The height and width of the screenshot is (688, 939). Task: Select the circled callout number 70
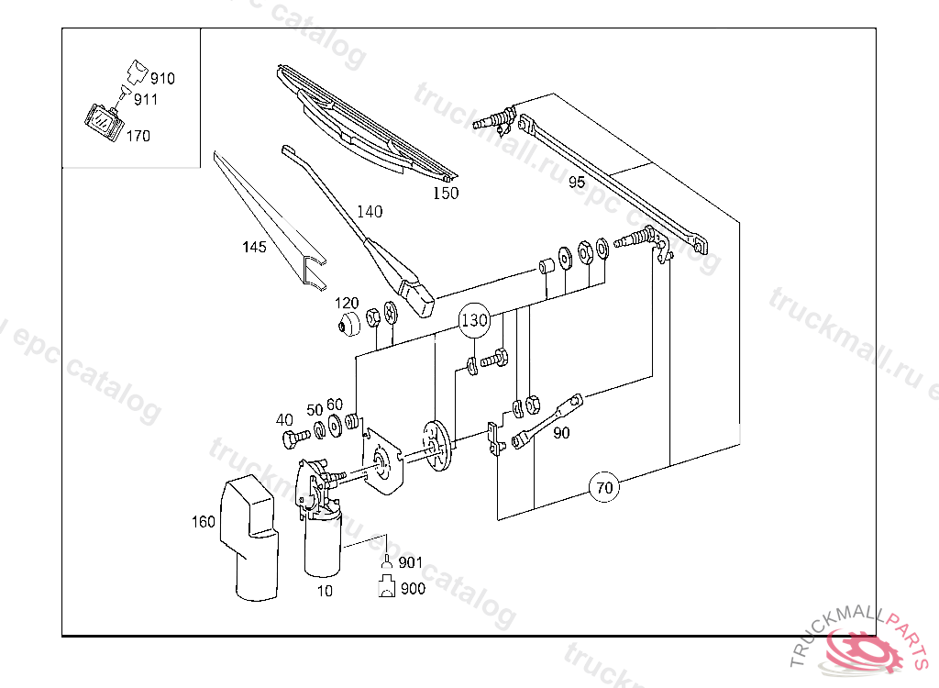tap(603, 487)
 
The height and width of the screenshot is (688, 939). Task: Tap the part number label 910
tap(162, 79)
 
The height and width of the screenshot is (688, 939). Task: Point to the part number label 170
tap(138, 136)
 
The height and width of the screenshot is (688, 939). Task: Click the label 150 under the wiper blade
tap(446, 193)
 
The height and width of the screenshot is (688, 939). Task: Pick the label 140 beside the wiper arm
tap(370, 212)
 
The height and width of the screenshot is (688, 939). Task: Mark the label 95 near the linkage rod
tap(576, 182)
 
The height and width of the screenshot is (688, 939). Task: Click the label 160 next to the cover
tap(203, 522)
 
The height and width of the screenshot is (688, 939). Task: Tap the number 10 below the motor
tap(325, 591)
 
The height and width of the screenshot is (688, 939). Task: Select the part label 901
tap(411, 562)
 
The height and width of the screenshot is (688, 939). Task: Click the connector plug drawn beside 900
tap(387, 588)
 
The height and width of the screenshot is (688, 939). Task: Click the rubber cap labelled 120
tap(348, 325)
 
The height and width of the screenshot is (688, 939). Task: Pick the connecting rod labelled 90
tap(547, 421)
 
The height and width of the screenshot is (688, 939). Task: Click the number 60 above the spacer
tap(335, 405)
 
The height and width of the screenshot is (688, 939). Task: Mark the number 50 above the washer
tap(315, 410)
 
